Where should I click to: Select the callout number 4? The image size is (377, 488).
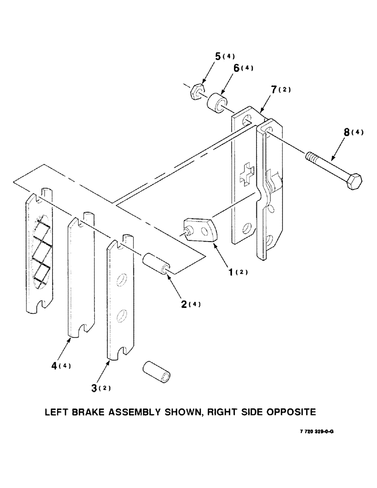[55, 366]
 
